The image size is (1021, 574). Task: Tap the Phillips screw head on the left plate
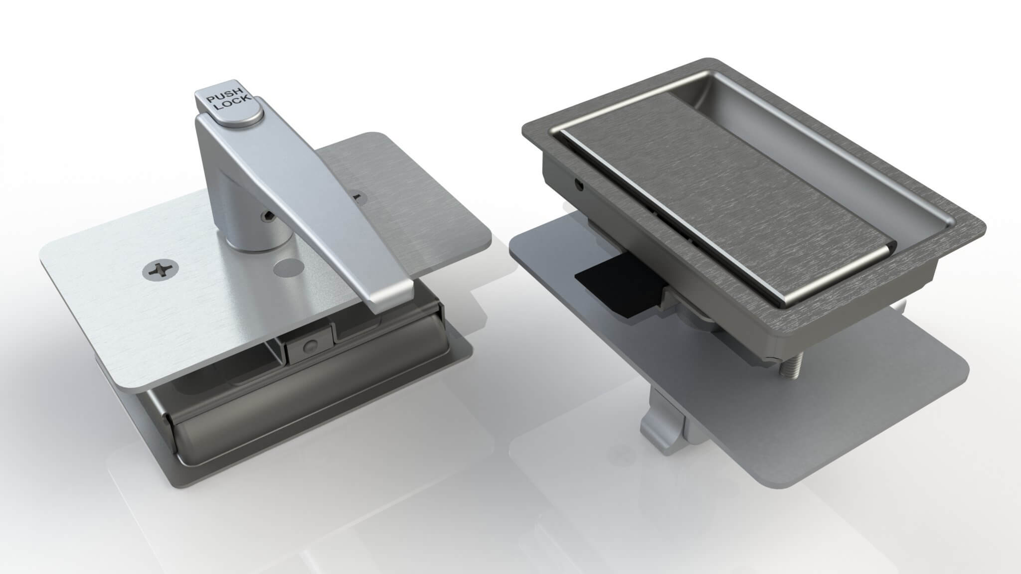[156, 271]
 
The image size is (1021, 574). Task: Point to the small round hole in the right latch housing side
[580, 185]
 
